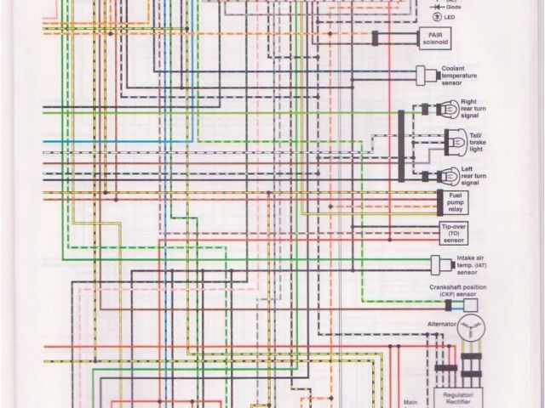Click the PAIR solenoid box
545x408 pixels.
(x=440, y=37)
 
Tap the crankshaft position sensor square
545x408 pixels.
(x=470, y=305)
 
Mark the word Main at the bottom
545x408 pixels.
(x=411, y=403)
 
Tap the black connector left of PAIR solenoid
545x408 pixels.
(x=376, y=37)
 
